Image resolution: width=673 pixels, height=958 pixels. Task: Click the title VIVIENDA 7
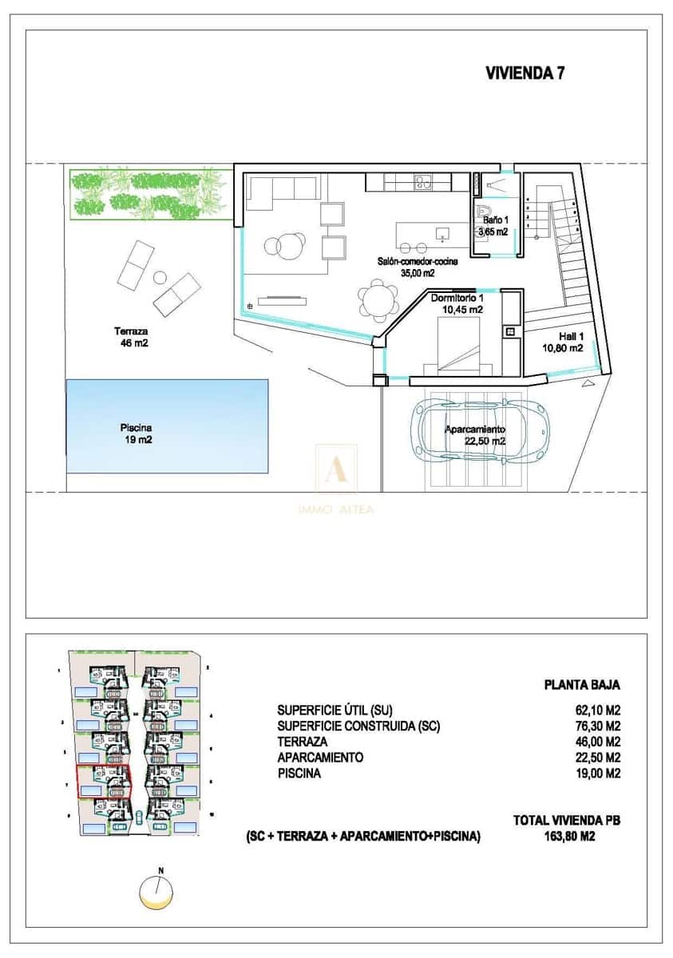pos(525,73)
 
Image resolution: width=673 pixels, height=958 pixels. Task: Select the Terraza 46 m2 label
pos(132,337)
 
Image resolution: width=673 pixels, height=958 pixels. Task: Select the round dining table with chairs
pos(376,301)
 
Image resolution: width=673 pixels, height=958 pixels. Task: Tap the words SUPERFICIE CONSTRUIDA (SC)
pos(358,726)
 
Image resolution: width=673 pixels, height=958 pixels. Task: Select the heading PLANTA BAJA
pos(581,684)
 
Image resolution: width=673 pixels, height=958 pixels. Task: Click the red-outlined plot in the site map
pos(102,781)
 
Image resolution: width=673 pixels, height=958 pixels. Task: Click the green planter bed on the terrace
pos(148,194)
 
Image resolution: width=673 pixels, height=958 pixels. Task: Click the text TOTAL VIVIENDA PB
pos(566,820)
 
